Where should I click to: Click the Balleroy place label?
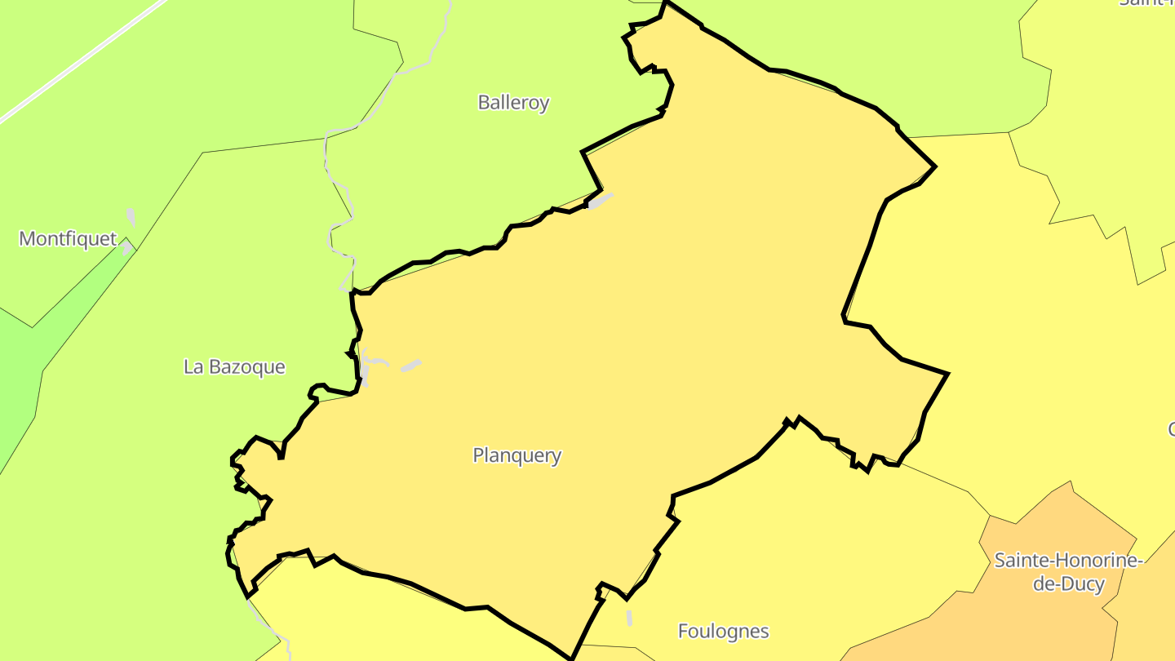point(513,103)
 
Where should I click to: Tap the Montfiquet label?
point(68,239)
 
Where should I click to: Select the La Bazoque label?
point(234,367)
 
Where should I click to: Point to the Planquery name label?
point(517,455)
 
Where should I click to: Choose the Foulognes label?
point(723,631)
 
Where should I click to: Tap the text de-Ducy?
point(1068,584)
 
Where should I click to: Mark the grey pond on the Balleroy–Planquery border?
point(600,200)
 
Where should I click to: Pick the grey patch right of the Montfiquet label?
point(126,248)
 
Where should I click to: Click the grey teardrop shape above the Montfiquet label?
point(131,218)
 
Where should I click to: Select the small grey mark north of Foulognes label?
point(629,618)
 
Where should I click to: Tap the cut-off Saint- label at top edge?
point(1146,2)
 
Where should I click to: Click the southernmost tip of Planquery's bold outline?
point(571,658)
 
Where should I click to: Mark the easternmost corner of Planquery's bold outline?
point(947,374)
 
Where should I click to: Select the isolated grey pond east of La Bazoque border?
point(411,366)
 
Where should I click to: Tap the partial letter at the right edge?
point(1171,429)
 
